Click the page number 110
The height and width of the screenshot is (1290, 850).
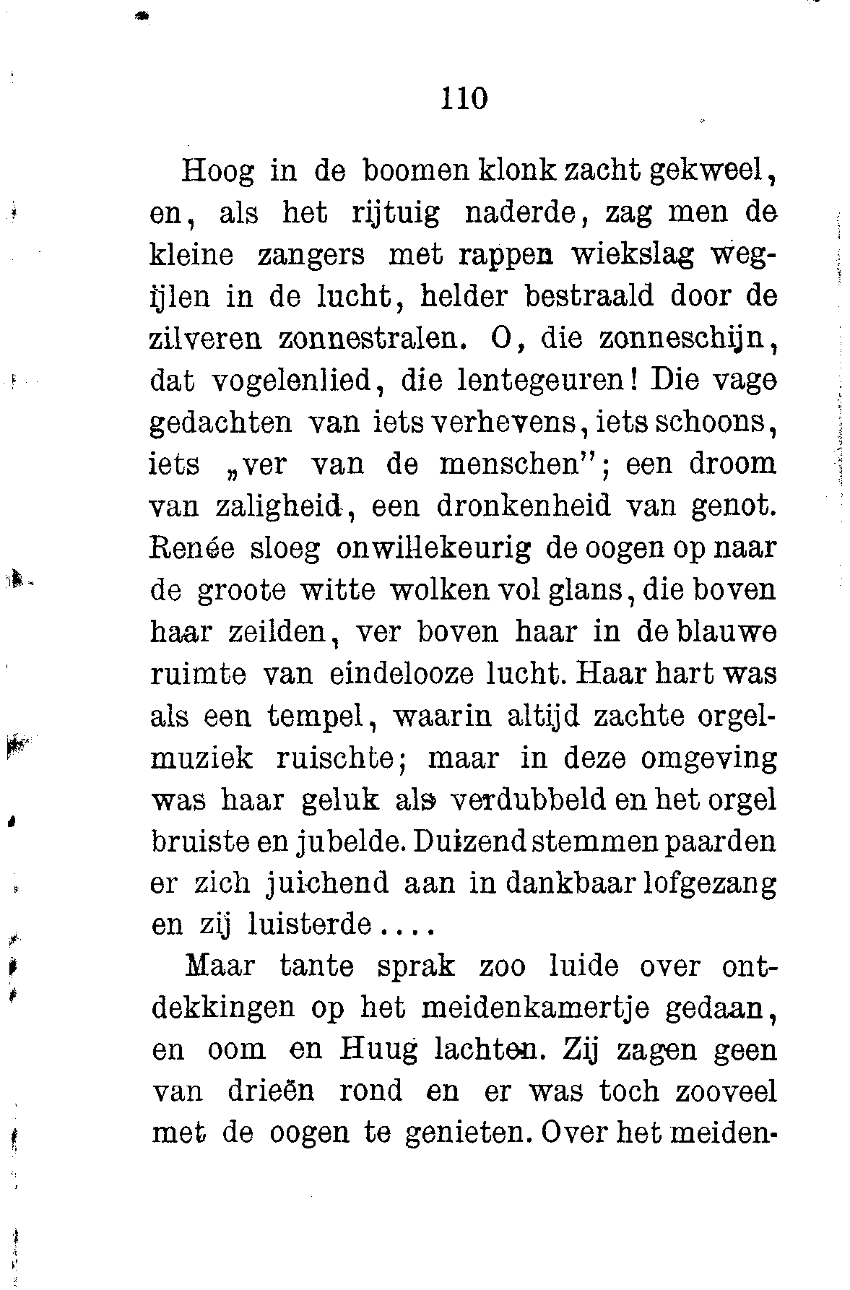click(x=464, y=98)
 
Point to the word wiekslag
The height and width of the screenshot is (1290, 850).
click(x=632, y=256)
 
